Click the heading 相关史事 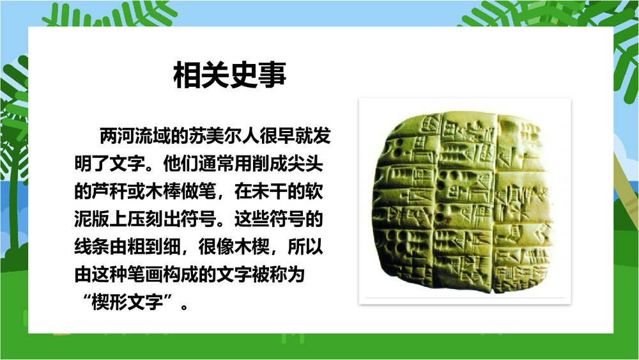point(230,75)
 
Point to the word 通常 point(199,164)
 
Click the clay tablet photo point(465,201)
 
